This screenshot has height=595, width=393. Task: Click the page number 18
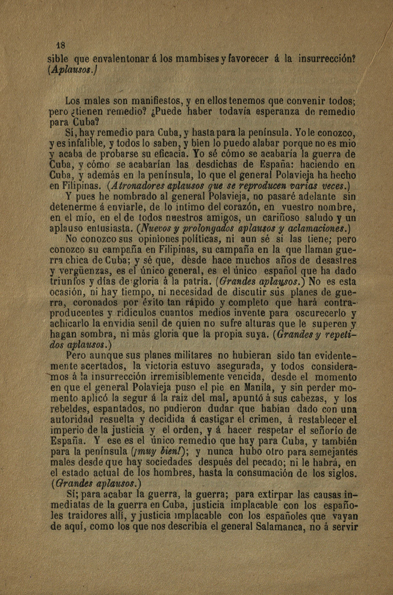click(60, 46)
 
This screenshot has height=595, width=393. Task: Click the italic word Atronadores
click(131, 186)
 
